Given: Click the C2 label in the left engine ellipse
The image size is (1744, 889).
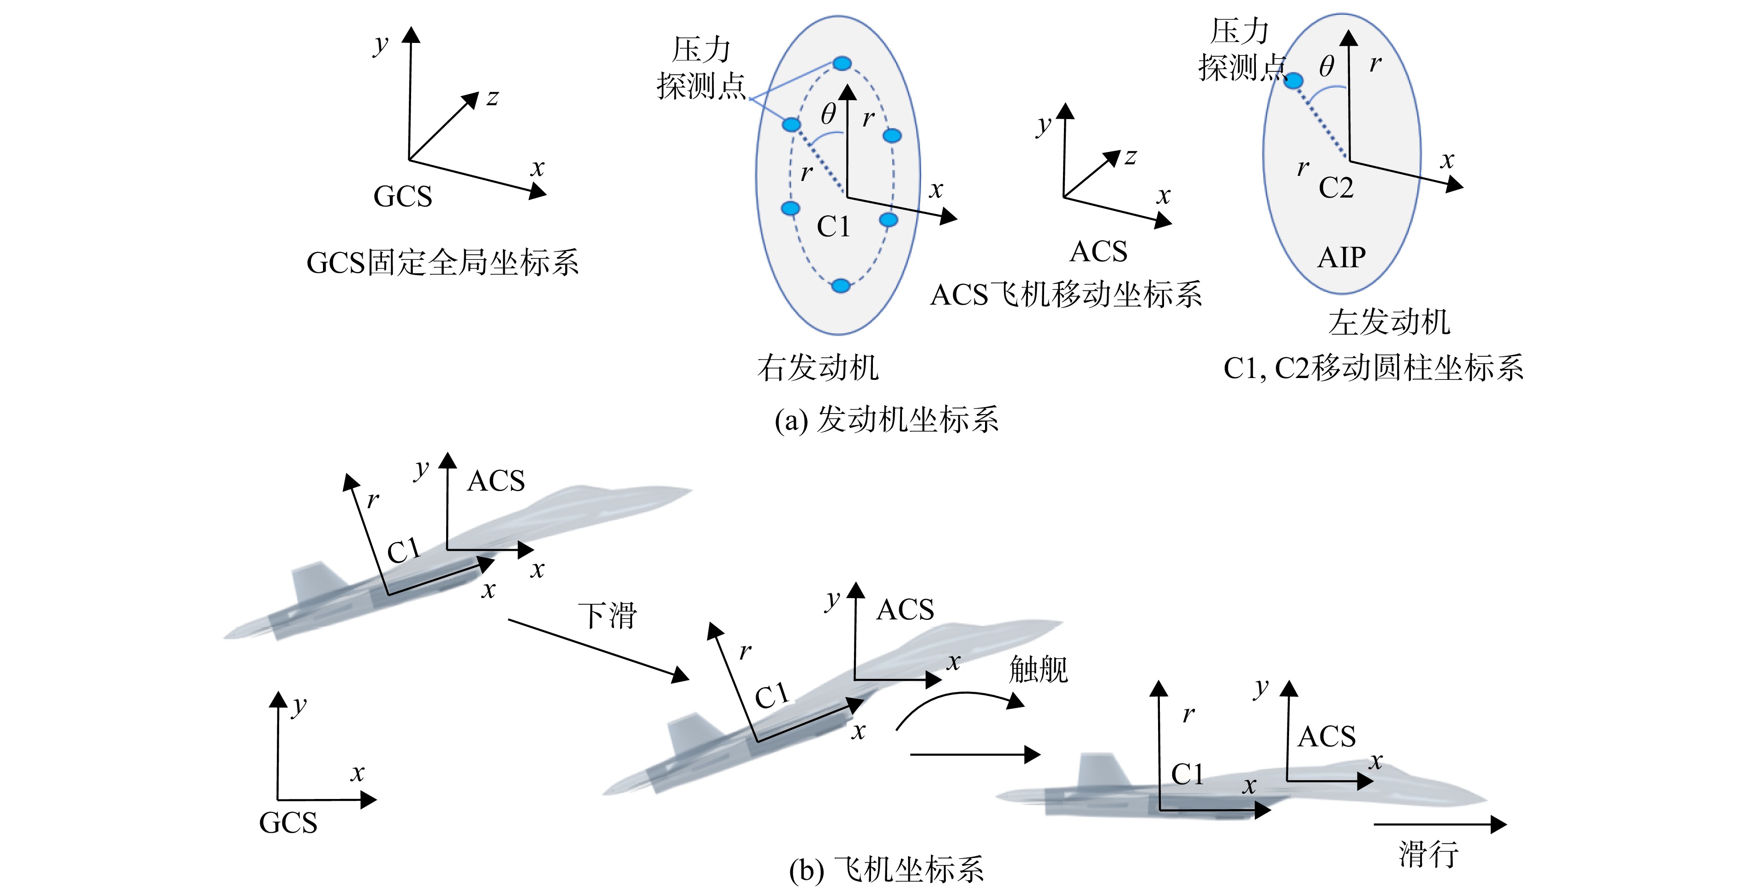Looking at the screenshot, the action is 1336,187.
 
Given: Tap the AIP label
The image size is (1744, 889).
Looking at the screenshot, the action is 1341,257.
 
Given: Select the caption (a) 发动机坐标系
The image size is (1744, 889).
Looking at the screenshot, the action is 886,420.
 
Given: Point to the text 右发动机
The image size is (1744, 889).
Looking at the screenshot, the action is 818,368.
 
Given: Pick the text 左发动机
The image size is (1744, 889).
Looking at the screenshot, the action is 1389,322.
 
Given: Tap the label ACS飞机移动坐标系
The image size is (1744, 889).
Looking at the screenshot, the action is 1066,294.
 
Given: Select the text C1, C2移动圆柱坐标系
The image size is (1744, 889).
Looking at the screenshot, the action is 1374,368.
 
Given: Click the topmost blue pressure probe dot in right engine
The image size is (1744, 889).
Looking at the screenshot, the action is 842,64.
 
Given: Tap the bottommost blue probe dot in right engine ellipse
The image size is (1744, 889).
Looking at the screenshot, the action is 841,286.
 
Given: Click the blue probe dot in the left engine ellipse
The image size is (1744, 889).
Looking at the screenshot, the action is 1293,81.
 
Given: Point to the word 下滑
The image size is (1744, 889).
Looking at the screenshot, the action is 607,615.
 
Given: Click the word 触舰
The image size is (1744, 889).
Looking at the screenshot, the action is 1039,670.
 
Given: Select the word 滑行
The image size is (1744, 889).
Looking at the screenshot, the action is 1428,854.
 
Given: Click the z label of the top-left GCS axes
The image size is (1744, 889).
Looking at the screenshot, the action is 492,98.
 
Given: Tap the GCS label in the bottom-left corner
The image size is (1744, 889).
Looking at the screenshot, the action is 288,823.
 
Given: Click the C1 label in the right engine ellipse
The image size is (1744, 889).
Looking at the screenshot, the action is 833,227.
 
